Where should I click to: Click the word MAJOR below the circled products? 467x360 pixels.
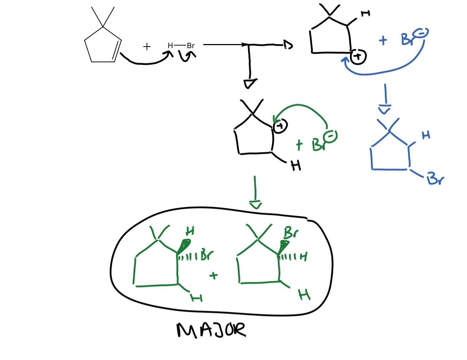coord(211,330)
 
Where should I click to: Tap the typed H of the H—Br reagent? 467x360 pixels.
coord(170,46)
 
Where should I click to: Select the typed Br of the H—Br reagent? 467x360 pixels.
coord(191,46)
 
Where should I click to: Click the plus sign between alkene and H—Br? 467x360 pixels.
coord(147,47)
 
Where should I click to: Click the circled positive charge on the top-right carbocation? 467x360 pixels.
coord(359,56)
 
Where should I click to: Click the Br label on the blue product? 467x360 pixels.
coord(435,178)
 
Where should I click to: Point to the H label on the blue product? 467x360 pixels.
coord(426,135)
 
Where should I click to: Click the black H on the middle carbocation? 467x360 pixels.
coord(296,166)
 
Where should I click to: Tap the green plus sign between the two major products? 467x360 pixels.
coord(214,276)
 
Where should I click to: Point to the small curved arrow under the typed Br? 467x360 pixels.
coord(188,56)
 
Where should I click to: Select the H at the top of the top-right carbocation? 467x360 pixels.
coord(366,14)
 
